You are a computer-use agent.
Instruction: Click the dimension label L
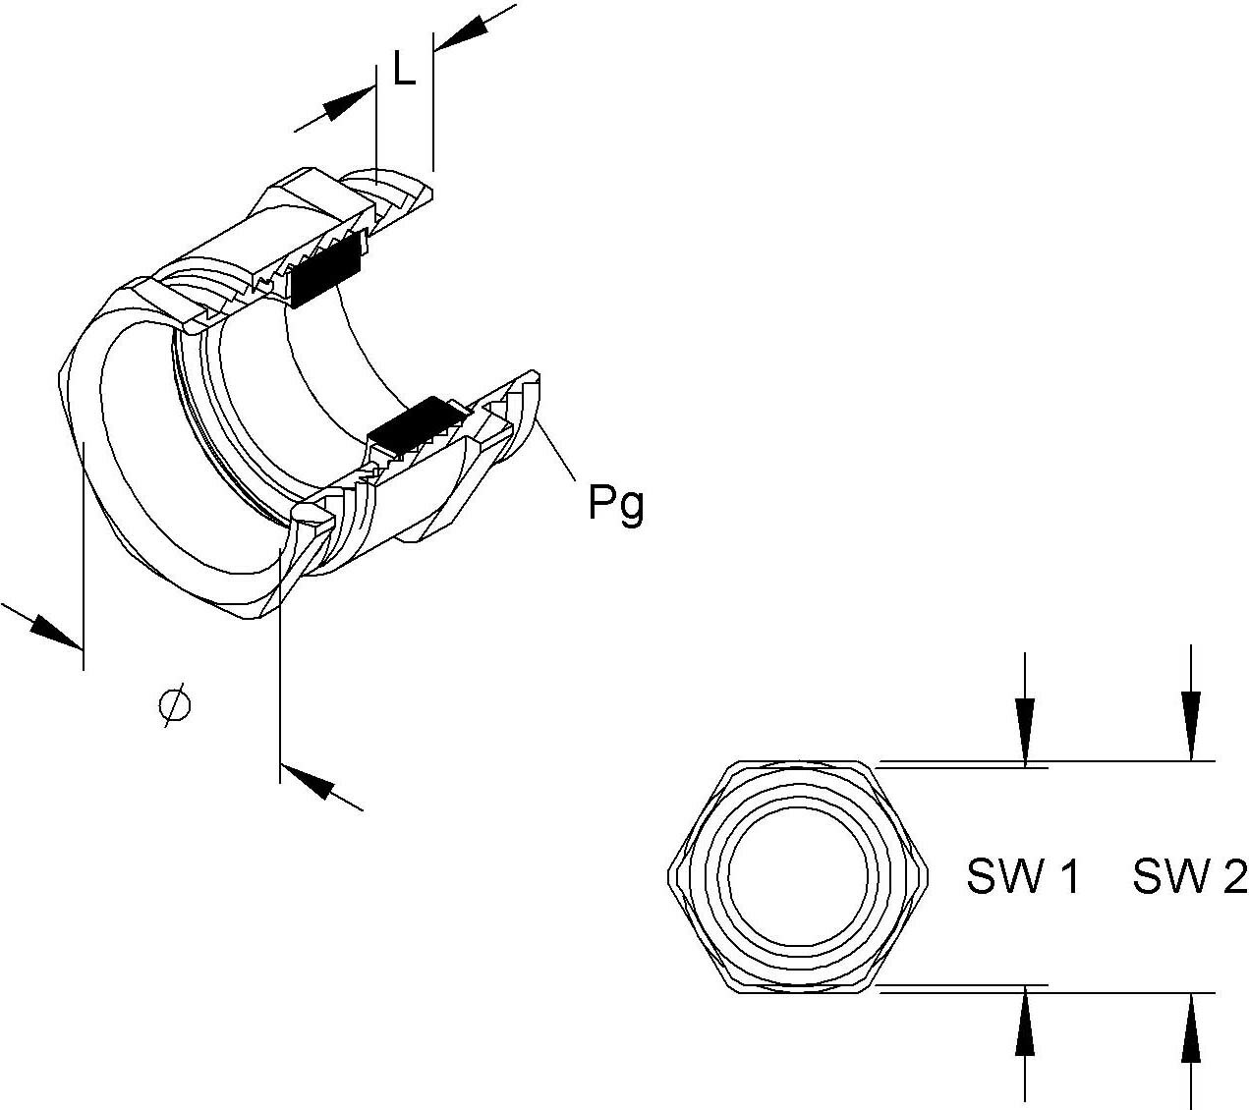[x=404, y=70]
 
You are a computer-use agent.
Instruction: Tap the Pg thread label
[x=615, y=504]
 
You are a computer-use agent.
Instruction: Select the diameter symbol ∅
[x=174, y=706]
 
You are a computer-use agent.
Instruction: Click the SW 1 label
[x=1023, y=876]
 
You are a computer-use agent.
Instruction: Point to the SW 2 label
[x=1189, y=876]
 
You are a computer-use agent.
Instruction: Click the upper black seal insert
[x=327, y=270]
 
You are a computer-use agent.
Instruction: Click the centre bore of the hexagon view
[x=798, y=875]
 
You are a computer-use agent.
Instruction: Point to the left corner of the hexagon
[x=670, y=875]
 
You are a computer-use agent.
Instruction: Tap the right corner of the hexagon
[x=927, y=875]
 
